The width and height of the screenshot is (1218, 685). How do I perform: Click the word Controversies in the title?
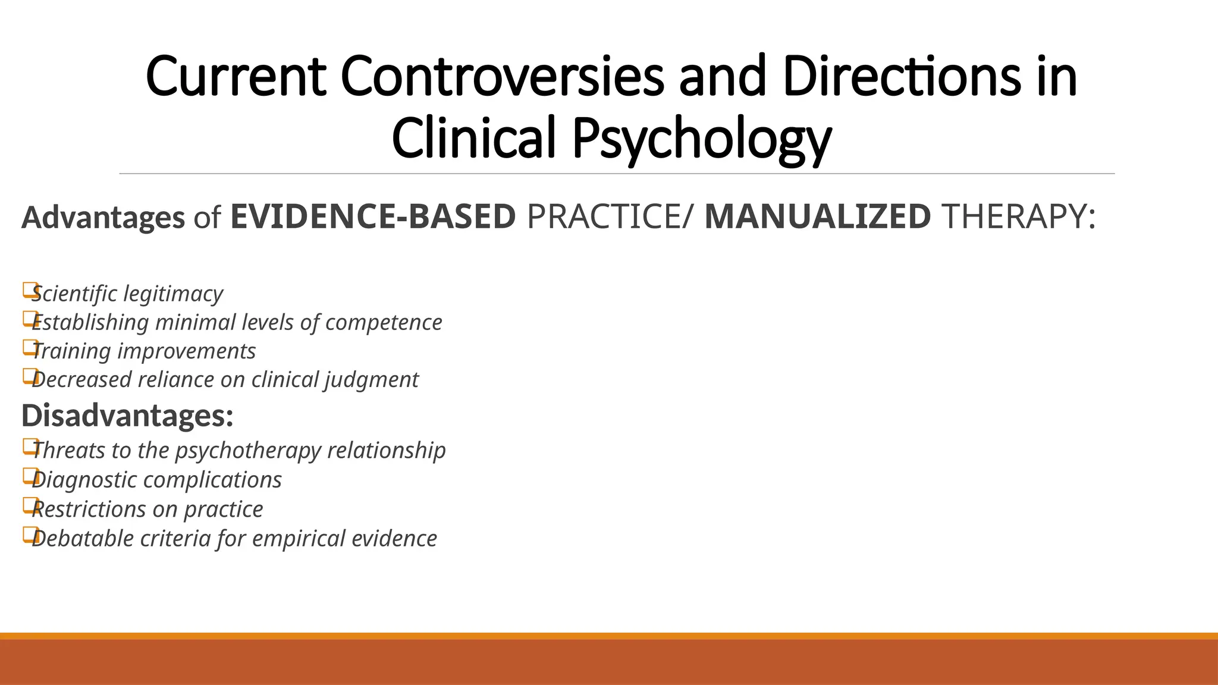pyautogui.click(x=502, y=76)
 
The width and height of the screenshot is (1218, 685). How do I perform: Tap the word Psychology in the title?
pyautogui.click(x=701, y=138)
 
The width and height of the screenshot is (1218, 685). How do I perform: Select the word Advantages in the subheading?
pyautogui.click(x=103, y=217)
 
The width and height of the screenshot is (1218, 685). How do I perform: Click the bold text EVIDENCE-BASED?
pyautogui.click(x=373, y=216)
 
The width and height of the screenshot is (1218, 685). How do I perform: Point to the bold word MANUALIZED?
pyautogui.click(x=817, y=216)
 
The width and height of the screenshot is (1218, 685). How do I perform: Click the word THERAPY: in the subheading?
pyautogui.click(x=1019, y=216)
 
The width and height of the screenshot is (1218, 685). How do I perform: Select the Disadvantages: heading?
pyautogui.click(x=127, y=415)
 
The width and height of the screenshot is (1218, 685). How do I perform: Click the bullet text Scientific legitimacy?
pyautogui.click(x=127, y=294)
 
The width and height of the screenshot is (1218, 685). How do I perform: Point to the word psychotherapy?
pyautogui.click(x=248, y=451)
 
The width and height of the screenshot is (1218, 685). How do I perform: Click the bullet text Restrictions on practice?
pyautogui.click(x=147, y=509)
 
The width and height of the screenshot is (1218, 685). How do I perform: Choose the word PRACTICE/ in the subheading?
pyautogui.click(x=610, y=216)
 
